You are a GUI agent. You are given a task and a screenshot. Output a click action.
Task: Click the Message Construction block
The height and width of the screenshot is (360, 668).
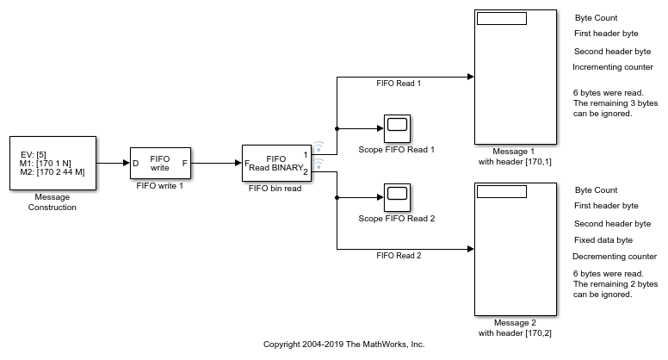(x=53, y=162)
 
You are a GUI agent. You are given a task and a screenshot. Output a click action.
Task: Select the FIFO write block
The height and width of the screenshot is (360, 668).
(x=160, y=163)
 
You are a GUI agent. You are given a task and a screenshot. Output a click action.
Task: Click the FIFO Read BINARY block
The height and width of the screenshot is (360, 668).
(x=275, y=163)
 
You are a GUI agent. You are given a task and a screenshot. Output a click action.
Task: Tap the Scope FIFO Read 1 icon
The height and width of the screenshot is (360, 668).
(x=396, y=127)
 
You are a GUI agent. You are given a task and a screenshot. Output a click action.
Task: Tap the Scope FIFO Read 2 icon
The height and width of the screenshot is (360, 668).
(x=396, y=196)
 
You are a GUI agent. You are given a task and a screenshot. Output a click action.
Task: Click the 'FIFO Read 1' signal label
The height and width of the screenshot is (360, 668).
(x=399, y=84)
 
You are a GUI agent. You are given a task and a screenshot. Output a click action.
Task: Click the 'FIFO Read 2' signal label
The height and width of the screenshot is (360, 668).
(x=399, y=256)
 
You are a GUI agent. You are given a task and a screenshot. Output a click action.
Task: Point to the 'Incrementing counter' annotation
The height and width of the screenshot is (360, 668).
(x=613, y=66)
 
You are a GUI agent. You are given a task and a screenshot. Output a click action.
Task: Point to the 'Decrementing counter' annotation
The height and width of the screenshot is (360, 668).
(x=615, y=256)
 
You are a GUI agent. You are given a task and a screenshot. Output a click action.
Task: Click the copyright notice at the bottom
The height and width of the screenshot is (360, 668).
(x=343, y=344)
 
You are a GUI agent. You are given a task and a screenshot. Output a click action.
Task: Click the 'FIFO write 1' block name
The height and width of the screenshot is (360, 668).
(x=160, y=185)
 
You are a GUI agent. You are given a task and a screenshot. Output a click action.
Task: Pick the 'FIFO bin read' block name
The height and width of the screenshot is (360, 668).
(x=275, y=188)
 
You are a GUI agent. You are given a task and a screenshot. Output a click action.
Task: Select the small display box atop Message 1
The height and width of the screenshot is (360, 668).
(x=501, y=19)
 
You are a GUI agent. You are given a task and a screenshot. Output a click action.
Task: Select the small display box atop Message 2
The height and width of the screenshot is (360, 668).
(x=501, y=191)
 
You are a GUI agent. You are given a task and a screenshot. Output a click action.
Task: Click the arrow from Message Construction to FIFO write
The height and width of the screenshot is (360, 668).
(x=112, y=163)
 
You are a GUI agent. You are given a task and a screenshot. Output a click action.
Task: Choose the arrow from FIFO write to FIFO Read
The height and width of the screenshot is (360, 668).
(x=216, y=163)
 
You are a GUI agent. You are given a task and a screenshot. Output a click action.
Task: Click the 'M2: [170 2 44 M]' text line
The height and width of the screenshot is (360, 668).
(x=53, y=172)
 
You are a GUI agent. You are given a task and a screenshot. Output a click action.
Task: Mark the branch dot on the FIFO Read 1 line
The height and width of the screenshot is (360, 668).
(x=336, y=128)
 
